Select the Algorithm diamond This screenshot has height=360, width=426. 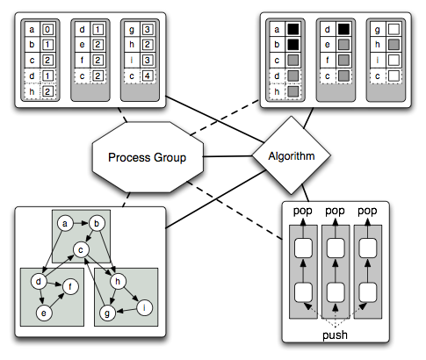[291, 156]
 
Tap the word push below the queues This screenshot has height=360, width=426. [335, 334]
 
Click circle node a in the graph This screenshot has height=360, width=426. [64, 224]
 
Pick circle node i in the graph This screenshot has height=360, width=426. [144, 306]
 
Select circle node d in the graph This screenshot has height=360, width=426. [39, 281]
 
